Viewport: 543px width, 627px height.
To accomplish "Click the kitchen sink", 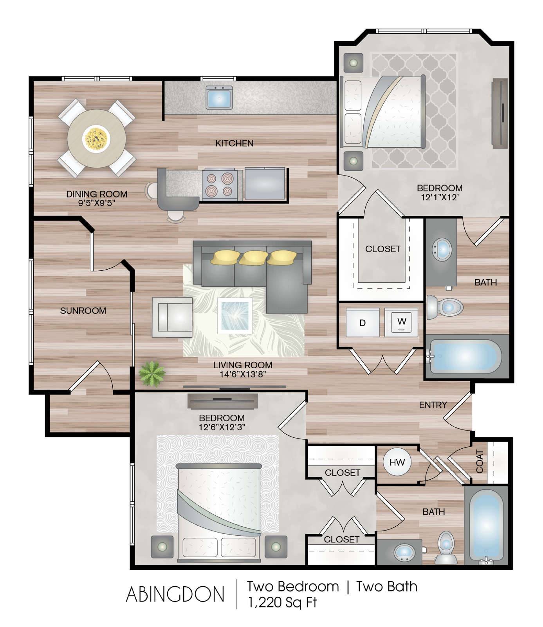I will coord(219,98).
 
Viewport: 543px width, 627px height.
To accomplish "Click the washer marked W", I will coord(401,322).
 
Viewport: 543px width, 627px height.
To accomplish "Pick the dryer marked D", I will coord(363,323).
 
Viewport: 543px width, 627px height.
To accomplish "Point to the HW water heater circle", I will coord(397,462).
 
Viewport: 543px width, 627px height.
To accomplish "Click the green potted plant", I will coord(152,373).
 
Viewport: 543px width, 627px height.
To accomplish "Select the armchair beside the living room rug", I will coord(172,317).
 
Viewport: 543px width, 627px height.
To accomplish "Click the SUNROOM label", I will coord(83,311).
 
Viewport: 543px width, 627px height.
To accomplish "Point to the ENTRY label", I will coord(433,405).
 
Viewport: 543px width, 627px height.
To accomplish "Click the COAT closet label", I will coord(479,462).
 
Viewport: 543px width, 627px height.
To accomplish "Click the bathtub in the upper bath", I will coord(466,356).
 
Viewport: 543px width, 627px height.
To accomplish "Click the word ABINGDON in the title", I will coord(175,594).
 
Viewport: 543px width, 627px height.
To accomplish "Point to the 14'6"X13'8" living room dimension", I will coord(243,374).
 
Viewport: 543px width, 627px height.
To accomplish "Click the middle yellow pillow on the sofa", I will coord(253,257).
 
